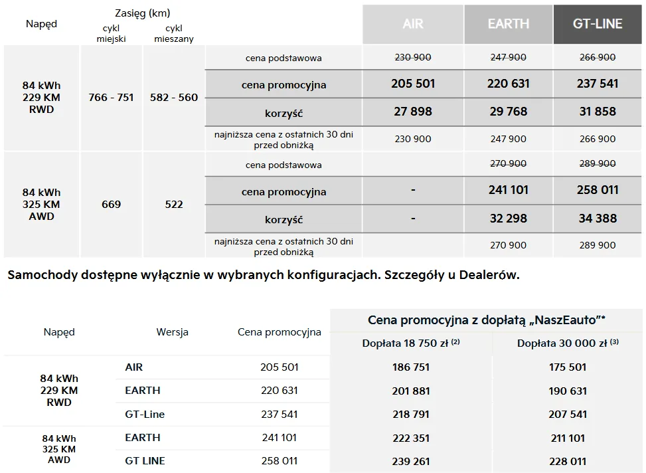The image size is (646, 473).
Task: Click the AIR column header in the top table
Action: coord(413,25)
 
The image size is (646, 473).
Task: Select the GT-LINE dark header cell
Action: coord(598,25)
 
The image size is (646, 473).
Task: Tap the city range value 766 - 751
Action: coord(111,97)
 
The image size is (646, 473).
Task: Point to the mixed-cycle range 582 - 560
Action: coord(174,97)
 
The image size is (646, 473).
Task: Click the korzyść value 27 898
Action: coord(413,112)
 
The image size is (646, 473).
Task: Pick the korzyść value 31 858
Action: coord(598,112)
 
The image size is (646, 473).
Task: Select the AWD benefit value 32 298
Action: coord(508,218)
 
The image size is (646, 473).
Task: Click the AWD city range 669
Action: coord(111,204)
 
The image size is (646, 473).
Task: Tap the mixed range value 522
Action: coord(174,204)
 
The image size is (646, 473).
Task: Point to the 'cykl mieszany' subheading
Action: coord(174,33)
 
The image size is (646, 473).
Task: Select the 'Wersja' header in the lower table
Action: coord(173,332)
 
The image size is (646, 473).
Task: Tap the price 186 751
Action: coord(411,367)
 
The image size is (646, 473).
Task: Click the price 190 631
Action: coord(568,391)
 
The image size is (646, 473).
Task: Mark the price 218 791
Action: coord(411,414)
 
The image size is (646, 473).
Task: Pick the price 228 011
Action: coord(568,461)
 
